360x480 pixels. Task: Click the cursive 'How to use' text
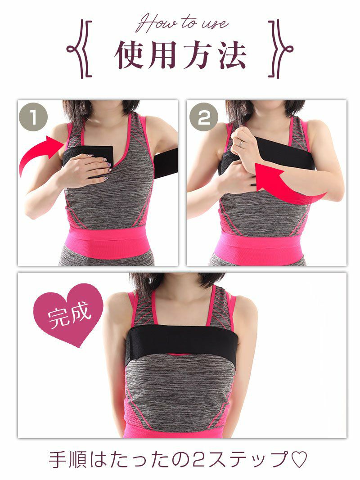pyautogui.click(x=182, y=23)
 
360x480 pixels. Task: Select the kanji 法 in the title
pyautogui.click(x=232, y=54)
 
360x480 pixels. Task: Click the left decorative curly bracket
pyautogui.click(x=80, y=49)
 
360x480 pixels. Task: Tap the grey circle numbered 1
pyautogui.click(x=33, y=117)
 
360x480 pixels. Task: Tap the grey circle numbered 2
pyautogui.click(x=203, y=117)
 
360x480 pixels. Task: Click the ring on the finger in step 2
pyautogui.click(x=241, y=143)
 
